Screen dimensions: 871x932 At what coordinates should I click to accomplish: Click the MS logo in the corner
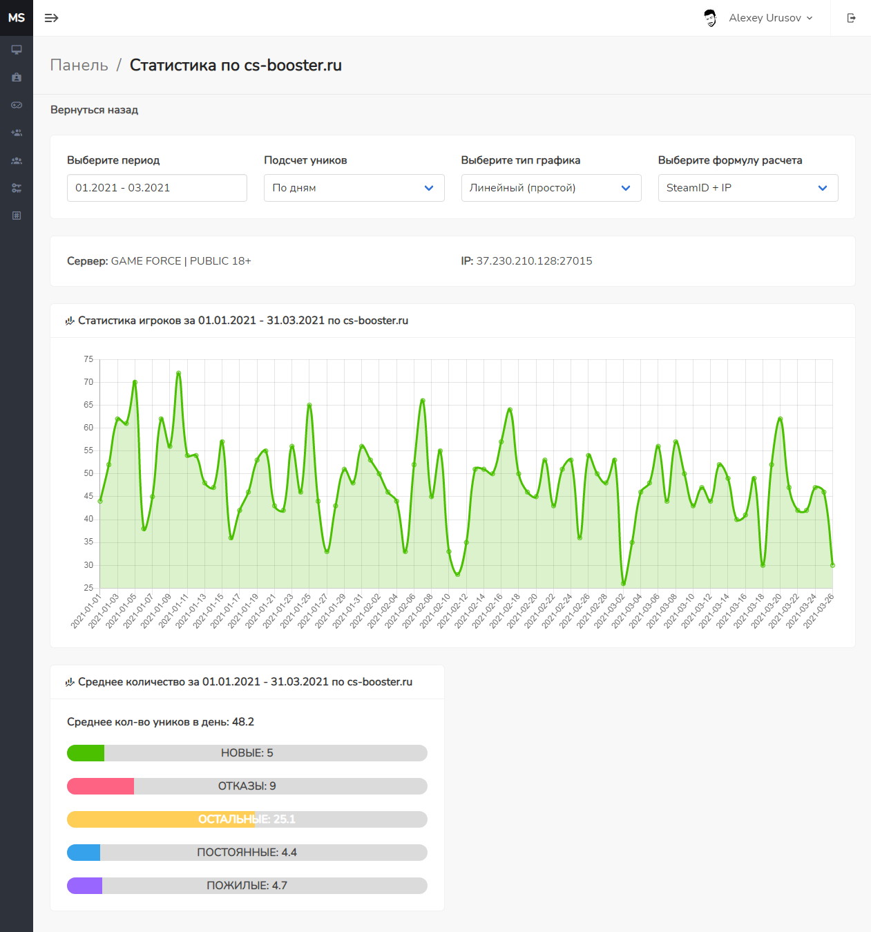click(x=17, y=18)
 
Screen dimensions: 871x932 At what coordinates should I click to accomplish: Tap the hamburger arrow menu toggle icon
click(x=51, y=18)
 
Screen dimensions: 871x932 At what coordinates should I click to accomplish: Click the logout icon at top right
click(x=851, y=18)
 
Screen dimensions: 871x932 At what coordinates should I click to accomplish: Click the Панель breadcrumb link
click(x=79, y=65)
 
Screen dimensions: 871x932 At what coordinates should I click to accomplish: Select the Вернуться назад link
click(x=94, y=110)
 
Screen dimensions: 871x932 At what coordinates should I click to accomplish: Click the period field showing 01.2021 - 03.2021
click(x=157, y=188)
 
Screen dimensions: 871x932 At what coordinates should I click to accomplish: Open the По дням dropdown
click(x=354, y=188)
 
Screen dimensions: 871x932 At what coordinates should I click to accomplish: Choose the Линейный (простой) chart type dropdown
click(x=551, y=188)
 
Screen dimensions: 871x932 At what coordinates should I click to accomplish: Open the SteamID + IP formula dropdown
click(x=748, y=188)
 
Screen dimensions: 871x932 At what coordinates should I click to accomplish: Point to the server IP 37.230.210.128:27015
click(x=534, y=261)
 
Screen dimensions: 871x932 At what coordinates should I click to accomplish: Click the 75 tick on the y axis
click(x=88, y=359)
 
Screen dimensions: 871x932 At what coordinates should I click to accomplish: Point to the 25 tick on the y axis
click(x=88, y=587)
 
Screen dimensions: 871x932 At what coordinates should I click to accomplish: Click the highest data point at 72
click(x=178, y=373)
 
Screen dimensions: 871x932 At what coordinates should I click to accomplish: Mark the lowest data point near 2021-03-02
click(x=623, y=584)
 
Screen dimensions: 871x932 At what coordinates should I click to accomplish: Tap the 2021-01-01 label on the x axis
click(x=86, y=611)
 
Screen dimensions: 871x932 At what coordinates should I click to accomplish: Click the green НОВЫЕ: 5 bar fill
click(x=86, y=753)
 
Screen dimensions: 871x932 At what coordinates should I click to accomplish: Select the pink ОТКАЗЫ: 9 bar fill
click(x=100, y=786)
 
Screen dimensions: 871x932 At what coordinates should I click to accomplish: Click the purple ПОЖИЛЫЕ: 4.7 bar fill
click(x=84, y=886)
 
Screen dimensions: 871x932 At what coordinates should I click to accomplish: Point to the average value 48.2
click(x=243, y=722)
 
